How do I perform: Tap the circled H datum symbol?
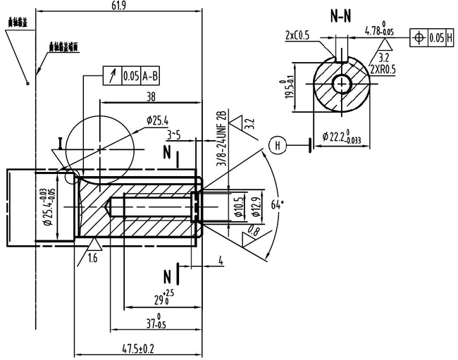[x=278, y=146]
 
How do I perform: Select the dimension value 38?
[x=150, y=98]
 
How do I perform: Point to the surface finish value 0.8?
[x=253, y=231]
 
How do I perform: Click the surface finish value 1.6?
[x=92, y=259]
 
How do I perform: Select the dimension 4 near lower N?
[x=221, y=261]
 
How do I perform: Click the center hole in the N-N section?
[x=343, y=82]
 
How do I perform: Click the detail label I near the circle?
[x=62, y=142]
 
